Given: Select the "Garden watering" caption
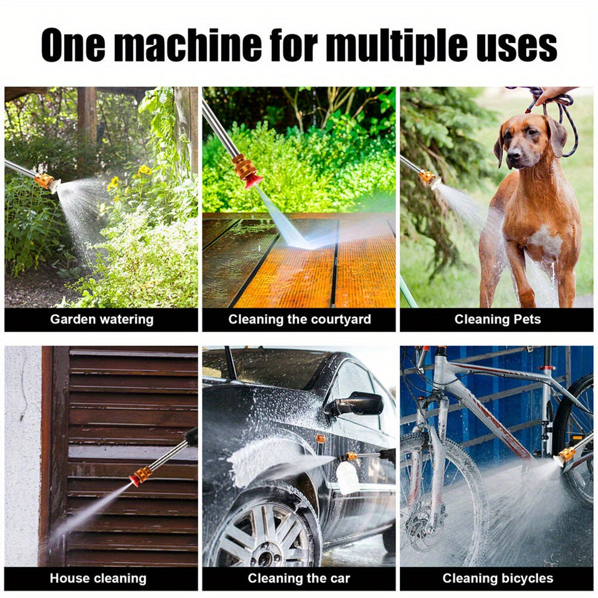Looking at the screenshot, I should pyautogui.click(x=101, y=319).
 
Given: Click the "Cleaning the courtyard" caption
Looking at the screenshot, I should pyautogui.click(x=299, y=319).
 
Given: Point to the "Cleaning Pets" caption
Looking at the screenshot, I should pyautogui.click(x=497, y=319).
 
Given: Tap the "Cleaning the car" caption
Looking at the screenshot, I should pyautogui.click(x=299, y=578).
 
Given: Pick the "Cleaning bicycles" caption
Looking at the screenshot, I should pyautogui.click(x=498, y=578).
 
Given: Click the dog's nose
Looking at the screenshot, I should pyautogui.click(x=514, y=161).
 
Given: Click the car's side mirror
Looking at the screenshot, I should pyautogui.click(x=356, y=405).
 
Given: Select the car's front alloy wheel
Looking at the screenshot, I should pyautogui.click(x=261, y=533).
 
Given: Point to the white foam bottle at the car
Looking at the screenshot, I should pyautogui.click(x=348, y=477).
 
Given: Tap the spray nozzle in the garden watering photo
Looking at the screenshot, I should pyautogui.click(x=47, y=181).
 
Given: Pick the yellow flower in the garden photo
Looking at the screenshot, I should pyautogui.click(x=144, y=170).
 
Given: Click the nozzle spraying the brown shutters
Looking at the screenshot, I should pyautogui.click(x=141, y=475).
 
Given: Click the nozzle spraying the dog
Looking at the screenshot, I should pyautogui.click(x=429, y=178).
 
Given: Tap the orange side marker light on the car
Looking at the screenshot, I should pyautogui.click(x=321, y=440).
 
